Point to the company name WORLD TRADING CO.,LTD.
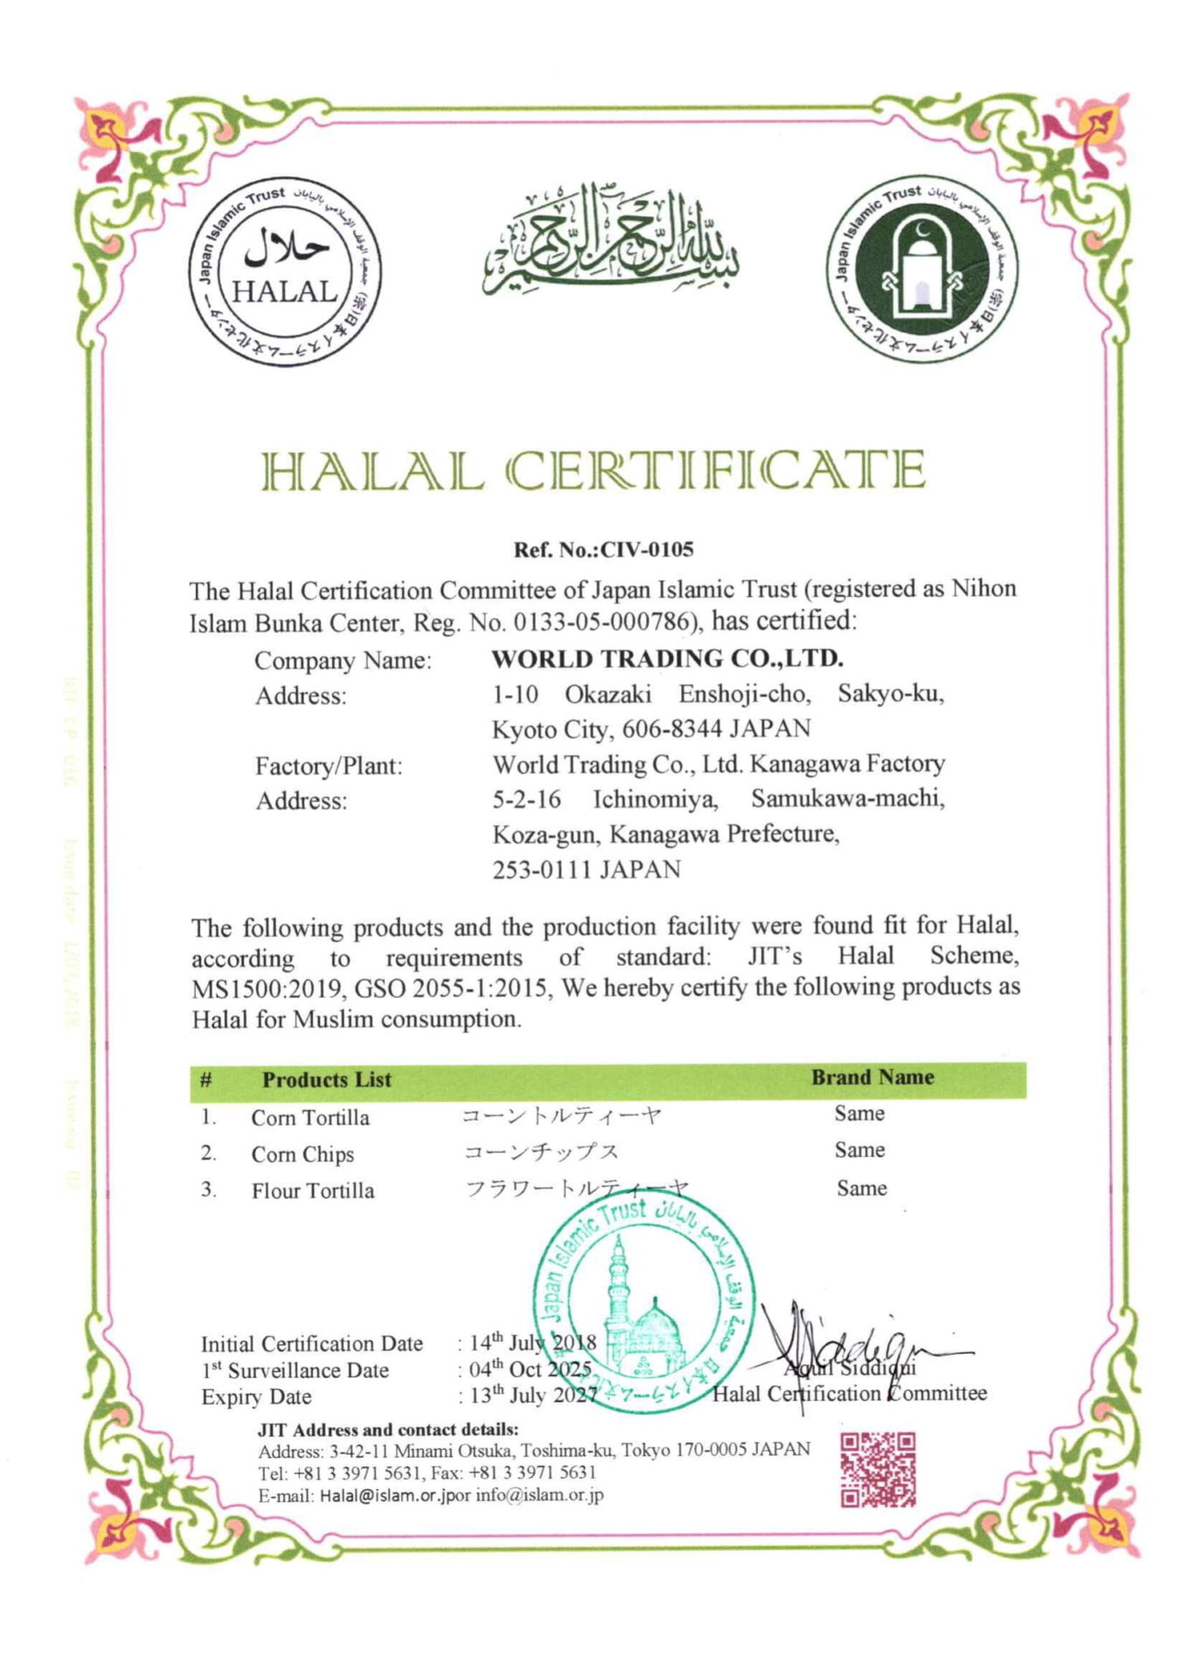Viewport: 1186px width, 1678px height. tap(667, 658)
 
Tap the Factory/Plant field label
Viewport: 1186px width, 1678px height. tap(329, 766)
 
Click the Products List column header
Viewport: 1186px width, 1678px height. tap(327, 1079)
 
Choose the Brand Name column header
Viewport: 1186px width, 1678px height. tap(872, 1078)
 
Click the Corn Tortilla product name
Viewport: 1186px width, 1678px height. tap(310, 1118)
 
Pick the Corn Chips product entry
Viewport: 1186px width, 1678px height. tap(302, 1154)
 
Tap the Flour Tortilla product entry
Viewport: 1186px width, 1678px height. tap(313, 1191)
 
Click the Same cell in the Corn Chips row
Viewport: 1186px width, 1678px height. tap(859, 1150)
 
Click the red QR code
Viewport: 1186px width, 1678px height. tap(877, 1469)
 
